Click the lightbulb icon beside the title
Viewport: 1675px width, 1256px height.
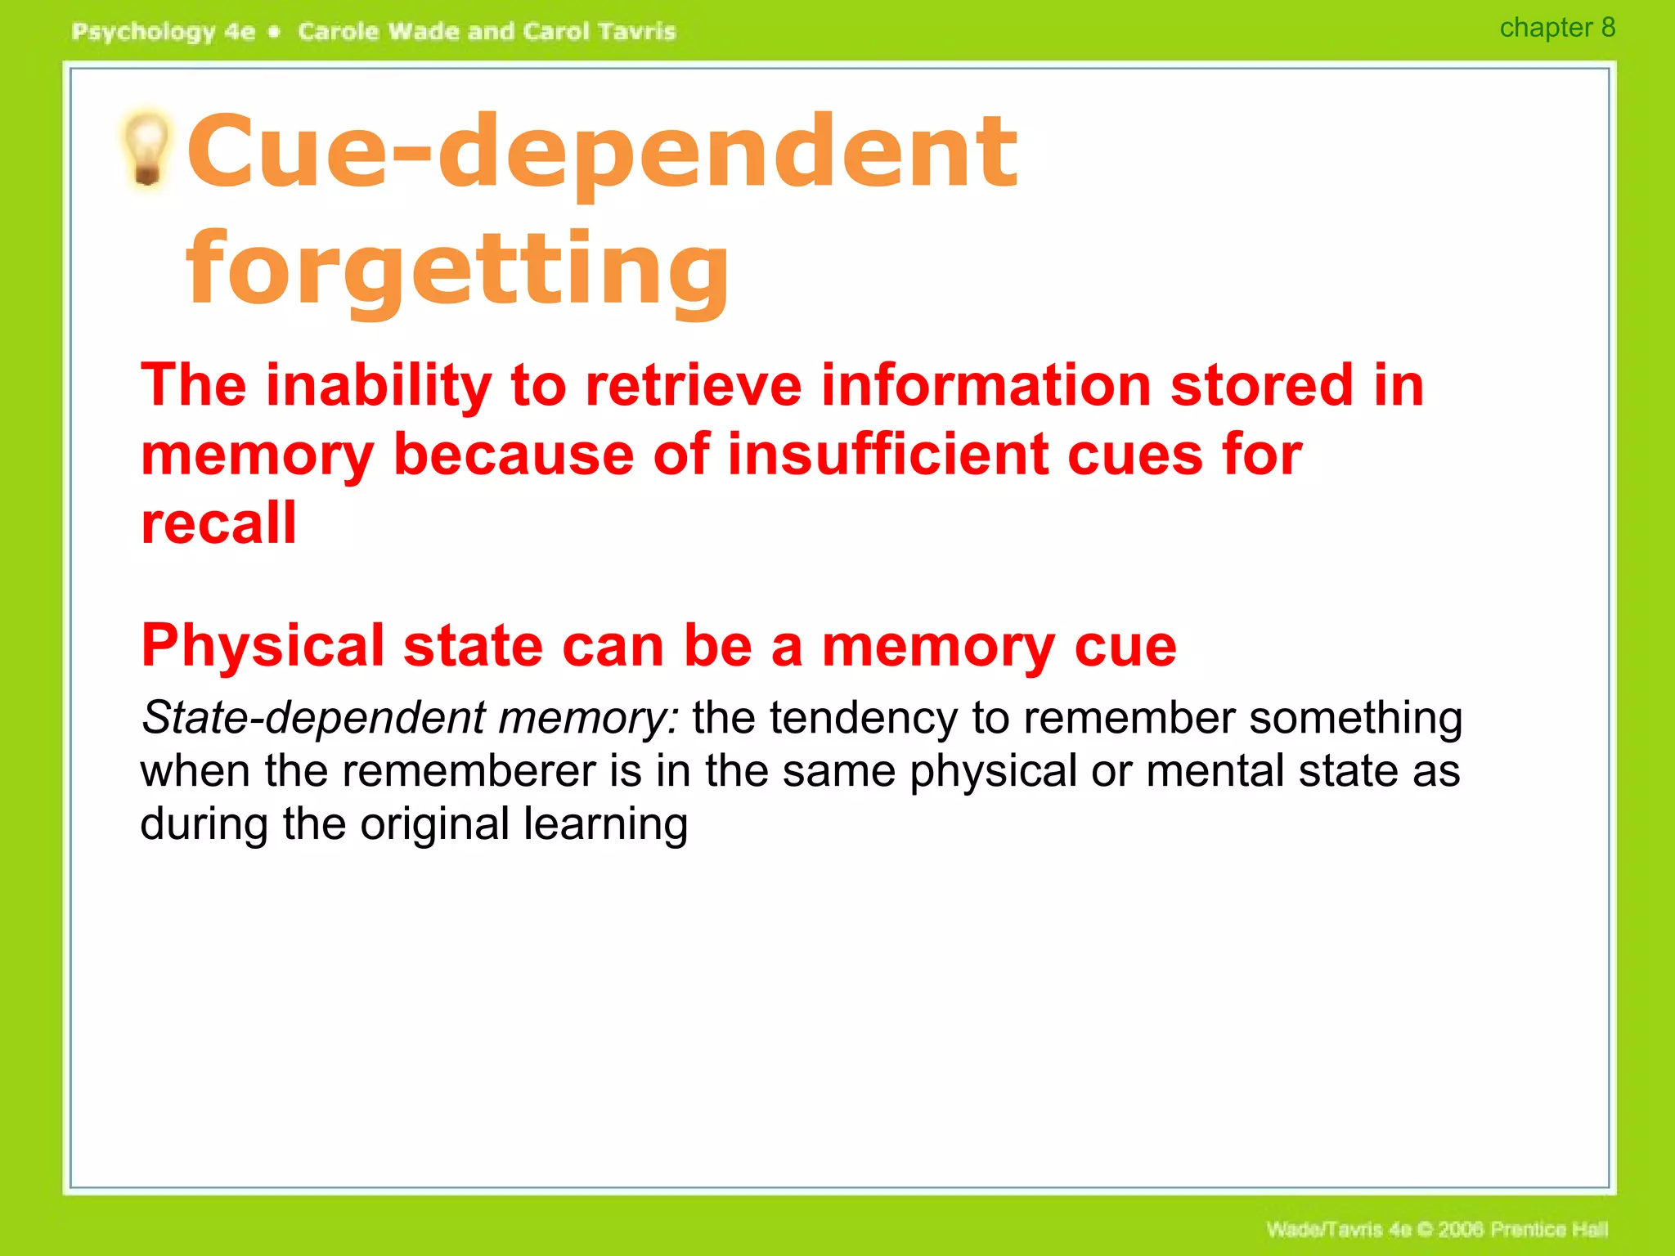[147, 149]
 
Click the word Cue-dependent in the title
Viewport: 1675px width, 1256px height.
[602, 150]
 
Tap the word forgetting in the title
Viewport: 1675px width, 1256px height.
[458, 268]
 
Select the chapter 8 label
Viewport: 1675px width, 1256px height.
[1556, 28]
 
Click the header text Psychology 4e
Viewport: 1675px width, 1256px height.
[164, 32]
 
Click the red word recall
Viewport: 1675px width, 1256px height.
[218, 523]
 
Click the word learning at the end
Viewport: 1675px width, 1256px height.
[605, 824]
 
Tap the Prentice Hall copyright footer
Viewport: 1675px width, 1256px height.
[1437, 1229]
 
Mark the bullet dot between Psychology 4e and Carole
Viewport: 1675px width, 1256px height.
[275, 32]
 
